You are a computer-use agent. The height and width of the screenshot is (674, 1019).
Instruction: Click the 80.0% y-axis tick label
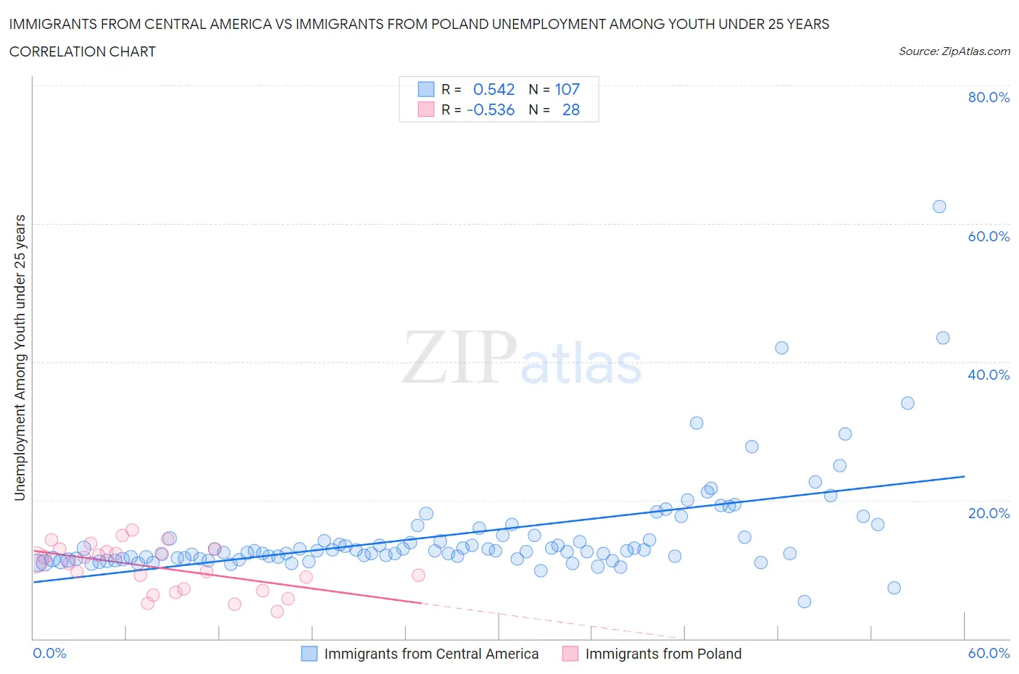tap(989, 97)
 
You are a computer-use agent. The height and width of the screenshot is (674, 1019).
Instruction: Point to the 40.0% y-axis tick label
tap(989, 375)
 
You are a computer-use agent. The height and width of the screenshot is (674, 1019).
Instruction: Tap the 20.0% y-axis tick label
tap(989, 513)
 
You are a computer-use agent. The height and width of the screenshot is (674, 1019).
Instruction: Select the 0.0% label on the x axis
tap(50, 653)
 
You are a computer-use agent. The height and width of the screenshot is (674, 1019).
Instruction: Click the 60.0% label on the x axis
tap(989, 653)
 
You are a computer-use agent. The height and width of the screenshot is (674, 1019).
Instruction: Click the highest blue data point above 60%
tap(939, 207)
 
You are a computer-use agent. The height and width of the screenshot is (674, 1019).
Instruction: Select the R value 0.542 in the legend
tap(494, 89)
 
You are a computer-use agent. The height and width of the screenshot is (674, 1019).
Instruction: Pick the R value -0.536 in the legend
tap(491, 109)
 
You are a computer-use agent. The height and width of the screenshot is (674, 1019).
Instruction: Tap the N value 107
tap(567, 89)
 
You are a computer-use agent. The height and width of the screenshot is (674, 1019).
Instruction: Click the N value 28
tap(571, 109)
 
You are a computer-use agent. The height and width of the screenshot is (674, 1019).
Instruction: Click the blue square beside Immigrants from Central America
tap(309, 654)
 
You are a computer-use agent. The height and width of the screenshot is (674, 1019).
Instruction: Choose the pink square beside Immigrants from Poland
tap(570, 654)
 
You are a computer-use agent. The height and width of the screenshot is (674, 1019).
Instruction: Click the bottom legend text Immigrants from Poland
tap(663, 654)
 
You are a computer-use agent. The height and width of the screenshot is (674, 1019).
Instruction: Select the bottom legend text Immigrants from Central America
tap(431, 654)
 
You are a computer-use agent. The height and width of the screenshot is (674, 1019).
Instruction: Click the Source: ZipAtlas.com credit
tap(954, 51)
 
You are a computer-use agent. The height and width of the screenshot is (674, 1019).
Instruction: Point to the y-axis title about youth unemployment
tap(20, 358)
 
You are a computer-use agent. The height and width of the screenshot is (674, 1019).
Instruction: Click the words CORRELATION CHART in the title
tap(83, 51)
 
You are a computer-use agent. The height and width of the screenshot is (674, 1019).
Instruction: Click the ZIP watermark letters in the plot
tap(459, 357)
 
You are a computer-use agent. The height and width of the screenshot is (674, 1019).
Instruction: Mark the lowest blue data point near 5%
tap(804, 602)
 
